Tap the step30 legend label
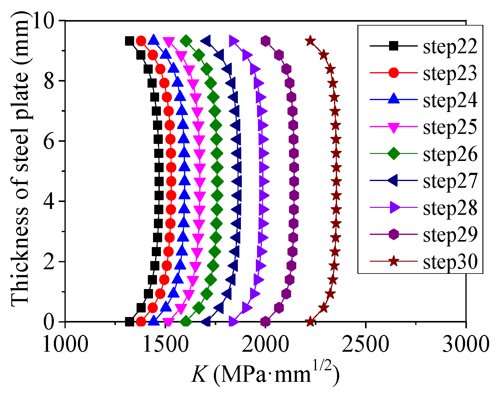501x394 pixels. tap(450, 262)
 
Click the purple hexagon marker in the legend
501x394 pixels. tap(394, 235)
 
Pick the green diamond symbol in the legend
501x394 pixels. tap(394, 154)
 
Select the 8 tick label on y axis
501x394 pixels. tap(50, 81)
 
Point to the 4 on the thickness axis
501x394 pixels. tap(50, 201)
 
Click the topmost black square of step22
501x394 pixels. tap(130, 41)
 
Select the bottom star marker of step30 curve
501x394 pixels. tap(310, 322)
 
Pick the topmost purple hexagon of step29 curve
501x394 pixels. tap(266, 41)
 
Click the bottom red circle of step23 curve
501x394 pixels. tap(141, 322)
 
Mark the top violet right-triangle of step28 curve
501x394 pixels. tap(234, 41)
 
